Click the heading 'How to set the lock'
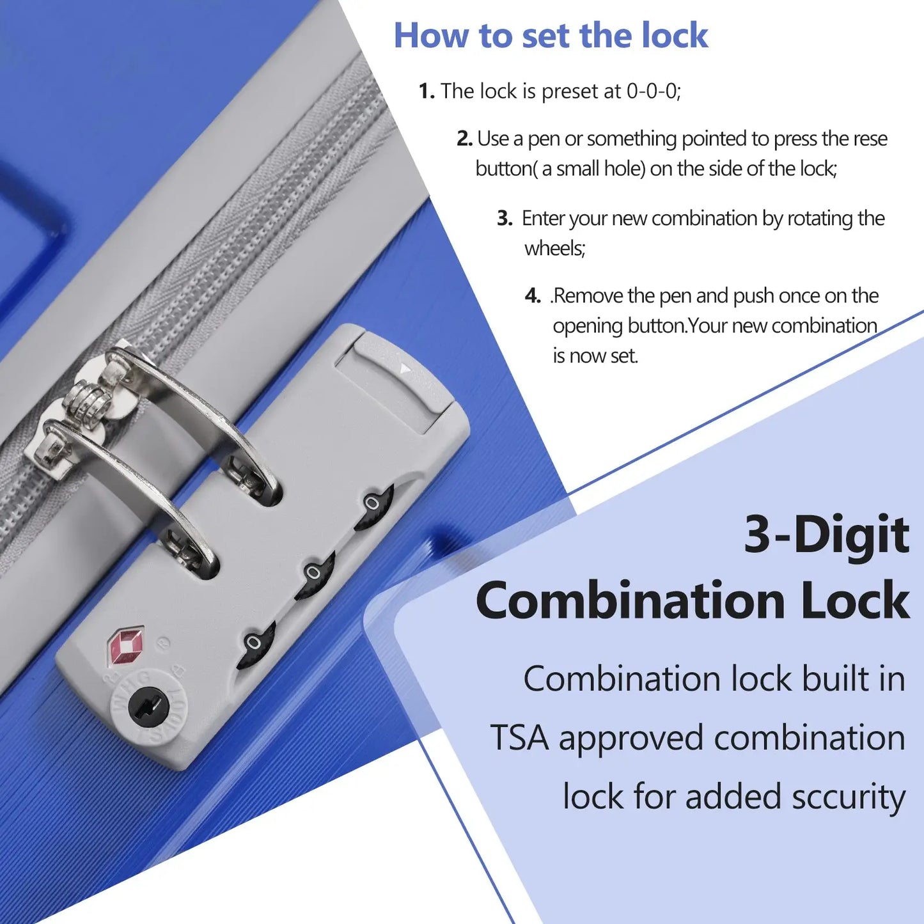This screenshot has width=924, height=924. [x=551, y=35]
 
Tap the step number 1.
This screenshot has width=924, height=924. [x=427, y=91]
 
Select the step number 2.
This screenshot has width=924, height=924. [x=464, y=139]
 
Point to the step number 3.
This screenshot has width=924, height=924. [x=505, y=218]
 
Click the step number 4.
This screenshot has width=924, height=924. [x=532, y=296]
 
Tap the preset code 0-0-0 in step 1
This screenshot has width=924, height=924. [x=654, y=91]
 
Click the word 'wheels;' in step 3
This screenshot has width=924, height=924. [x=555, y=248]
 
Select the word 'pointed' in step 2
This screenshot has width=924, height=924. [x=714, y=139]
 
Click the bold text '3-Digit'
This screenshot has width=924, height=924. [x=826, y=534]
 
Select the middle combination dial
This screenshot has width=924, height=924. [x=314, y=574]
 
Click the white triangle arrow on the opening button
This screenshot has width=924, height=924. [x=405, y=368]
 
